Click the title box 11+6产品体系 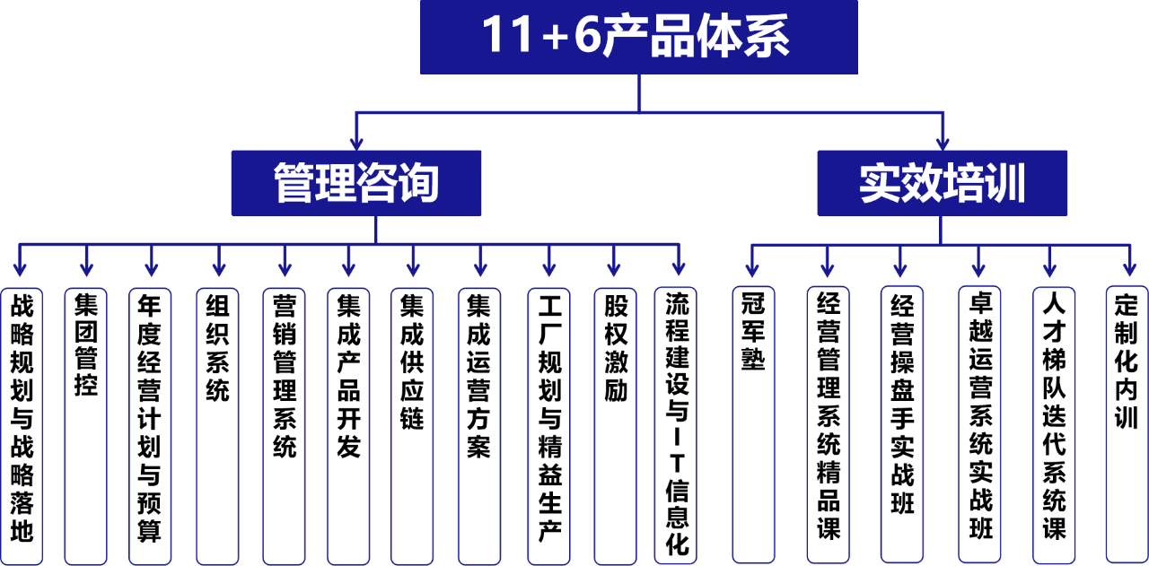[638, 37]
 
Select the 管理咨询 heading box [356, 183]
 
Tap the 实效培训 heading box [942, 183]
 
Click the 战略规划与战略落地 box [22, 425]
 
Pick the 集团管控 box [86, 425]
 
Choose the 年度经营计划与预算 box [150, 425]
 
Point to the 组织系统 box [218, 425]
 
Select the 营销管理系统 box [285, 425]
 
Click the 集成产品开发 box [348, 425]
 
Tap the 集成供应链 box [412, 425]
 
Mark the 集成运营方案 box [479, 425]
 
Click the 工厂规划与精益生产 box [548, 425]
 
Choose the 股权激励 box [615, 425]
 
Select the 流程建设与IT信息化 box [679, 425]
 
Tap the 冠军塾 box [752, 425]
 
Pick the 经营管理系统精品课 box [828, 425]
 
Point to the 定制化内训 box [1127, 425]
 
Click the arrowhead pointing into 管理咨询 [356, 142]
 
